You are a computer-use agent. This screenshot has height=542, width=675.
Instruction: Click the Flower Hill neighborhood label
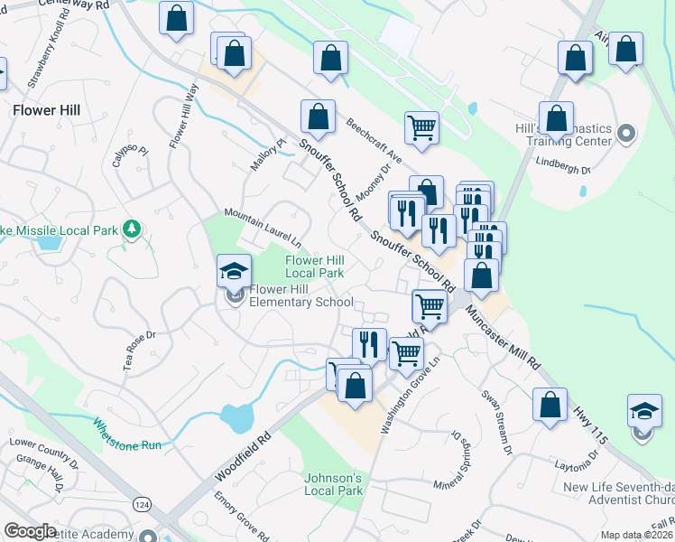coord(47,110)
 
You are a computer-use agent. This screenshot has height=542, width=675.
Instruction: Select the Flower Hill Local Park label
coord(315,266)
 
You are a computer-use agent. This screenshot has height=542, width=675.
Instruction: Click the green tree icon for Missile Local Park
coord(133,229)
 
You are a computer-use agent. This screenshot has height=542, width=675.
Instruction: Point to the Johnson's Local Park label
coord(333,484)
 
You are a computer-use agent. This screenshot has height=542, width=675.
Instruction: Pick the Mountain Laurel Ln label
coord(263,227)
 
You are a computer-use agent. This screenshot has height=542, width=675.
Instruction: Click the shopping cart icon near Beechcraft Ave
coord(421,128)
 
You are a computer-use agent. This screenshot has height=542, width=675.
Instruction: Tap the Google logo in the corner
coord(29,531)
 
